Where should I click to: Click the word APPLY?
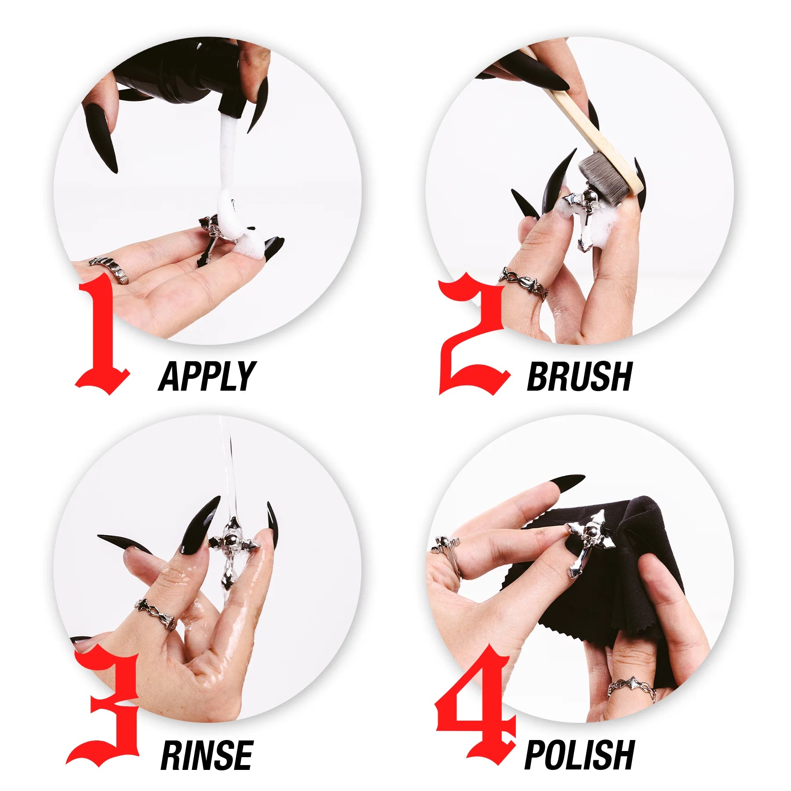coord(207,377)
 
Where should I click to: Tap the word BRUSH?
coord(579,377)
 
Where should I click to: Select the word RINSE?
coord(207,755)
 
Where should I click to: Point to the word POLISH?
coord(580,755)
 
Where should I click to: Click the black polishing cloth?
coord(615,584)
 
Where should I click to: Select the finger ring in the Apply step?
coord(109,269)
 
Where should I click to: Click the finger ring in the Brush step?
coord(523,283)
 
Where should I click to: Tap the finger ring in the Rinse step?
coord(156,614)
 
